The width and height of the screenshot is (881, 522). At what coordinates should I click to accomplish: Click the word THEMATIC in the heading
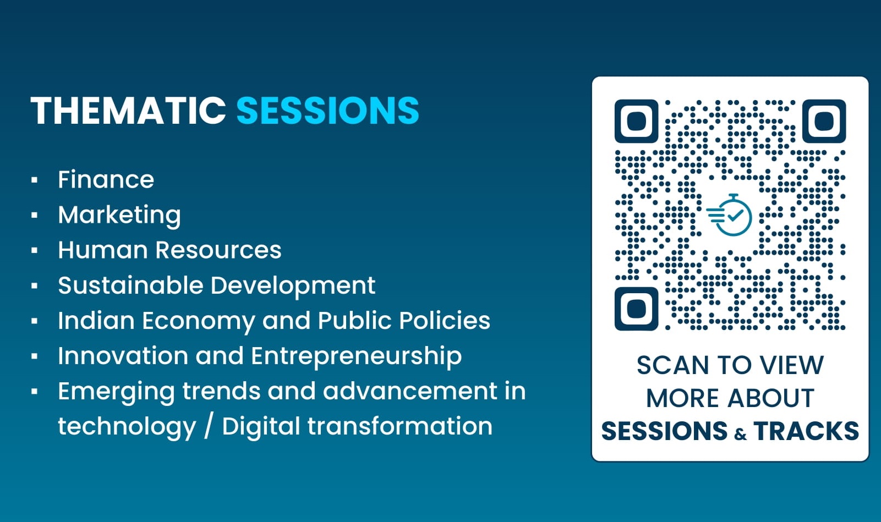[128, 111]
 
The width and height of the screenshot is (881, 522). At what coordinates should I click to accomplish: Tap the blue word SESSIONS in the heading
[327, 111]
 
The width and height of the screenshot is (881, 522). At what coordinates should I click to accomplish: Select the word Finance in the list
[106, 180]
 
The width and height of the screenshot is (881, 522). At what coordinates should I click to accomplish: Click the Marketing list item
[119, 215]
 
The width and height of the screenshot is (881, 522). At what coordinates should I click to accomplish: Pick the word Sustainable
[130, 285]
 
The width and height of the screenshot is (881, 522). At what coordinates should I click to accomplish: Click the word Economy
[198, 321]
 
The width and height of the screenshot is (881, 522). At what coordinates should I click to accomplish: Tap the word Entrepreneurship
[356, 356]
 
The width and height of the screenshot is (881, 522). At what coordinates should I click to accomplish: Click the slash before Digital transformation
[208, 426]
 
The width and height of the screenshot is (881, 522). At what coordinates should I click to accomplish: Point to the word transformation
[400, 426]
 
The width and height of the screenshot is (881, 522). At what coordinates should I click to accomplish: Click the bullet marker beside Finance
[35, 180]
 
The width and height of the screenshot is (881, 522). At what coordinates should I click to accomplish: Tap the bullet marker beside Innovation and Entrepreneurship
[35, 356]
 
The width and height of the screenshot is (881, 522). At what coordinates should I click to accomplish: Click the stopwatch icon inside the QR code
[730, 215]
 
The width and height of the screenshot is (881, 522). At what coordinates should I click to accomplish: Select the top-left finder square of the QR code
[636, 121]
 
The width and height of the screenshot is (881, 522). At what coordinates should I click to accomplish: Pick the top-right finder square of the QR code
[824, 121]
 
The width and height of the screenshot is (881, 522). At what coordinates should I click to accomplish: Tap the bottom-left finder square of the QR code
[636, 309]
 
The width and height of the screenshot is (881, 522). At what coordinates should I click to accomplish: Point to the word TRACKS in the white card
[806, 431]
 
